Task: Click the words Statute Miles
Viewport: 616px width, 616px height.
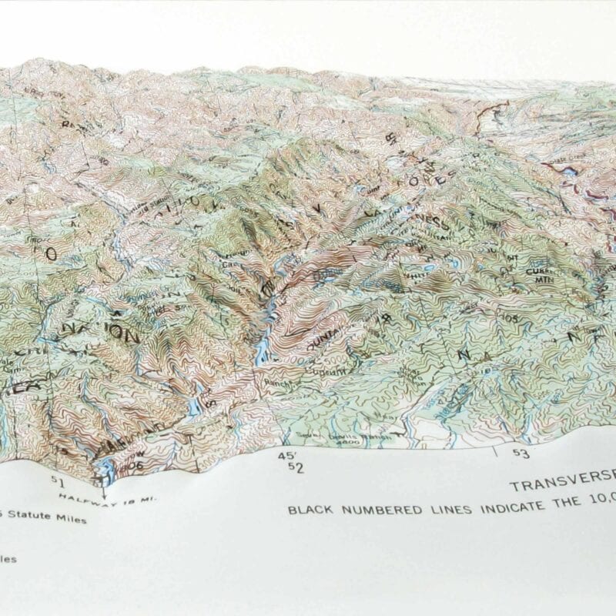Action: click(46, 518)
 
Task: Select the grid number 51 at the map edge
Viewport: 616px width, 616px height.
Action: click(56, 480)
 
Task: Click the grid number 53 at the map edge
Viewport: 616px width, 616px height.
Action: click(522, 454)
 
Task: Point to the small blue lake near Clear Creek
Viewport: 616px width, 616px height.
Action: click(571, 174)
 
